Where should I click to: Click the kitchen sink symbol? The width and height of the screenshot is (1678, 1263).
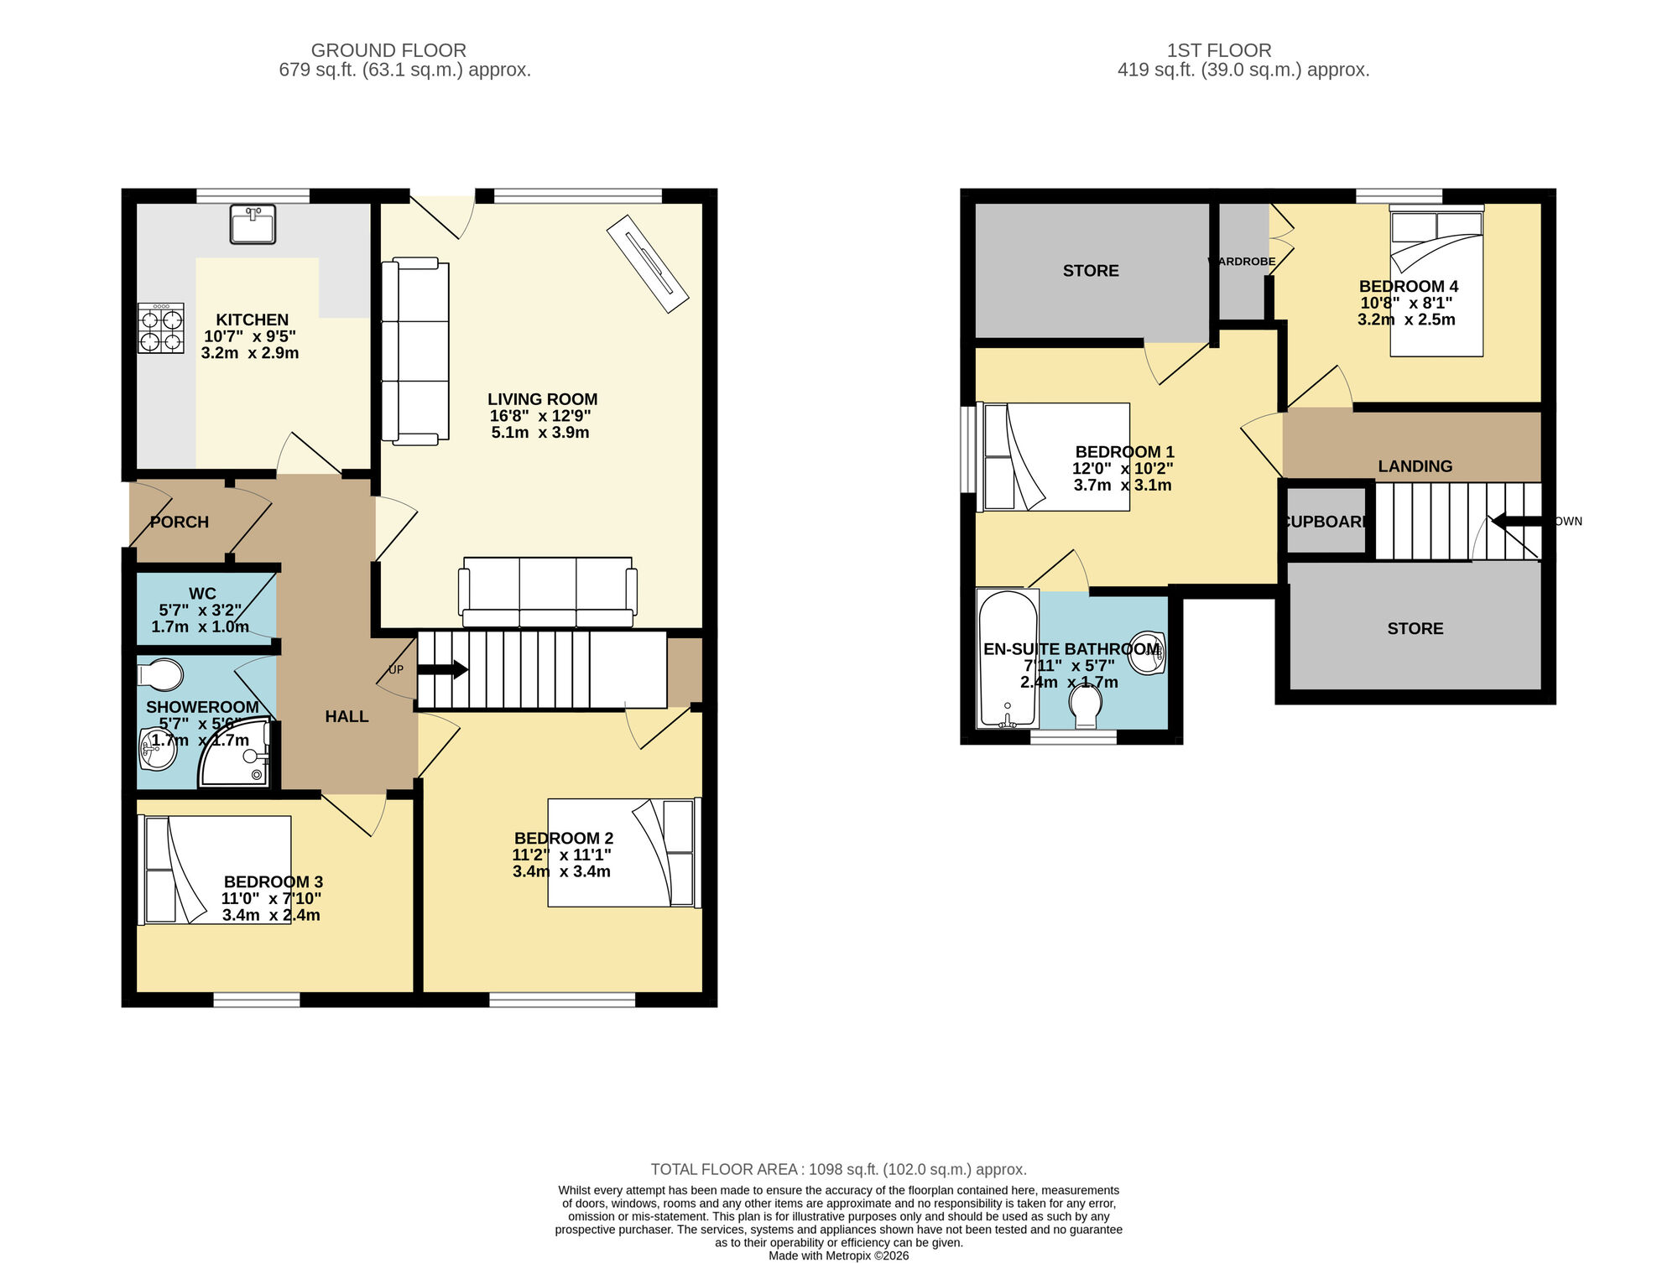253,225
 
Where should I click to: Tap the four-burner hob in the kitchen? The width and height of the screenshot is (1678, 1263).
161,329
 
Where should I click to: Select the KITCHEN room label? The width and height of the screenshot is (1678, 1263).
252,320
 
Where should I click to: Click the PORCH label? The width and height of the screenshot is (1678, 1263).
179,522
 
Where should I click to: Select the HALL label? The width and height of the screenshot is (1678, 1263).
347,716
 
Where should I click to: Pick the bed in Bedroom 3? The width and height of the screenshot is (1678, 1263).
216,870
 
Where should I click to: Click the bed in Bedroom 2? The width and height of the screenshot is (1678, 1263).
623,852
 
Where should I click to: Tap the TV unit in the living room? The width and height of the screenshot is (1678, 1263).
648,264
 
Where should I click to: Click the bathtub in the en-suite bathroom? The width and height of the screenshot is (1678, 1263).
1008,659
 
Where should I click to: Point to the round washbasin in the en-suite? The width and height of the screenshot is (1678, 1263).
1147,652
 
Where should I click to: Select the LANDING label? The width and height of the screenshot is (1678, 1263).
1415,466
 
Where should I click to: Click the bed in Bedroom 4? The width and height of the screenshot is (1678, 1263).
1436,283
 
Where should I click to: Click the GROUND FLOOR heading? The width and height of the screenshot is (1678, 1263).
388,50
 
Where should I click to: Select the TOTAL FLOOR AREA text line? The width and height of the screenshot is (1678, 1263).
838,1169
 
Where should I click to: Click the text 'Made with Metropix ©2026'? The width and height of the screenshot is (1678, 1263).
838,1255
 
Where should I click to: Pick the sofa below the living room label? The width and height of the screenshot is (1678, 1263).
547,592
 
